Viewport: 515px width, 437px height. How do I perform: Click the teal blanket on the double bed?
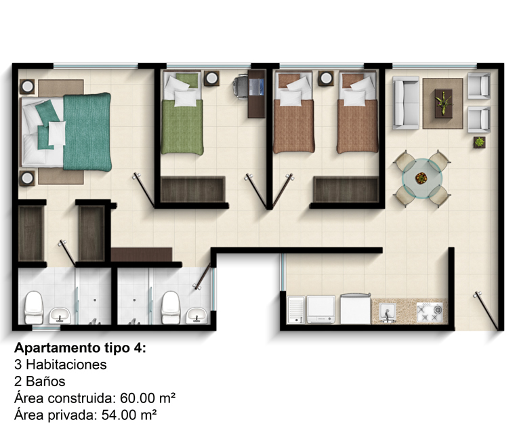87,132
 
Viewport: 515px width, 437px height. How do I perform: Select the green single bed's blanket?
182,127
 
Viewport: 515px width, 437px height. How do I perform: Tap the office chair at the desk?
241,87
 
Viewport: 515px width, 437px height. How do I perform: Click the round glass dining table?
422,178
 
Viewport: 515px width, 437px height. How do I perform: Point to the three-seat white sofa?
406,103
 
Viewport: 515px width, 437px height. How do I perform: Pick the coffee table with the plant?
443,104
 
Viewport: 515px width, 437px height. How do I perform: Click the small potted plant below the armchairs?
480,142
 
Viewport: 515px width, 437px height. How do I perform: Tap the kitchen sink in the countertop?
388,311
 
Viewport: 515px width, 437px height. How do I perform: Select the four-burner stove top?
430,312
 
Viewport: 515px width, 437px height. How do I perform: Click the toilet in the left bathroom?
34,307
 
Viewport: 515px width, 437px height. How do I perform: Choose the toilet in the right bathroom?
171,307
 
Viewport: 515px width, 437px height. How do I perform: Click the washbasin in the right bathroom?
197,315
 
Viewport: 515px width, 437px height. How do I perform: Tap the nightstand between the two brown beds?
326,79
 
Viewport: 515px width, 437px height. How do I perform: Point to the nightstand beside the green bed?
211,79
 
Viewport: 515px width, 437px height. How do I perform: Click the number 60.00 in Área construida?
138,398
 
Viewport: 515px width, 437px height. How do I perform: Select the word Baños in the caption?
45,381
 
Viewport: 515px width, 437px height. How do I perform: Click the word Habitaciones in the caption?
66,365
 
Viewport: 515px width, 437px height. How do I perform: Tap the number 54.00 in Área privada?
119,415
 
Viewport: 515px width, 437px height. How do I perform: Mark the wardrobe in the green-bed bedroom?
193,190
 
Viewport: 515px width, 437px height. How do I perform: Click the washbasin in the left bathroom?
60,315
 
